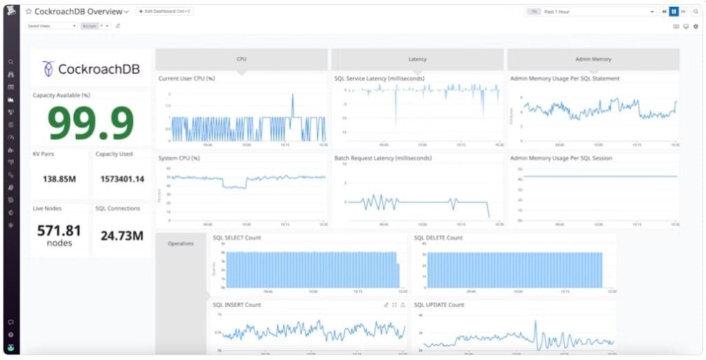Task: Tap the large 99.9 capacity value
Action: [x=91, y=124]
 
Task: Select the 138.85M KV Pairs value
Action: [x=59, y=179]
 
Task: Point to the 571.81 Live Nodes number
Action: [x=59, y=230]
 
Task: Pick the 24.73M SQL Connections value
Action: [x=122, y=236]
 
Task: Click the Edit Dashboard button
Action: [x=165, y=12]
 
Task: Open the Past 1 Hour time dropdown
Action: [x=598, y=12]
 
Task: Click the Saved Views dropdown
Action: [x=52, y=26]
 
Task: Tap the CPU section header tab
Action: [x=241, y=59]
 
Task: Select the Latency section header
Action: [x=417, y=59]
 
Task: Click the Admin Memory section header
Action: [x=593, y=59]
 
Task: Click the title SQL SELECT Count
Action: [x=236, y=238]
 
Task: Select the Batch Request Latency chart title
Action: [x=383, y=158]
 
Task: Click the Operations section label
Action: [x=181, y=243]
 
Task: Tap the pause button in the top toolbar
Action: [x=674, y=12]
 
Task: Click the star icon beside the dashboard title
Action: [x=29, y=12]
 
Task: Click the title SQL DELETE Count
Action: [x=438, y=238]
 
